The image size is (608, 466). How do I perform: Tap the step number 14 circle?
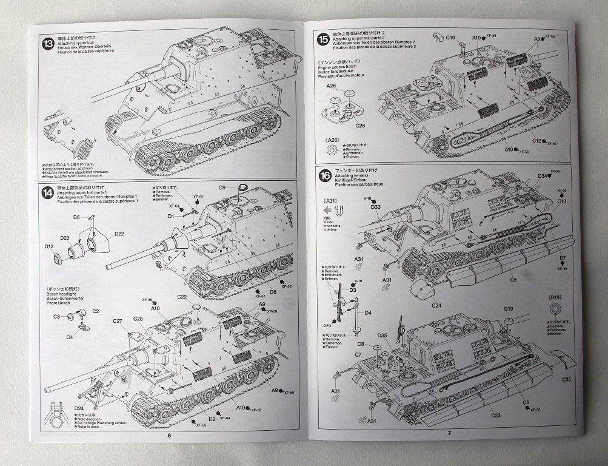point(47,194)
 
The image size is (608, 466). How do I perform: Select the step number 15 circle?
point(322,39)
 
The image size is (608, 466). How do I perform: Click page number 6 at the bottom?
point(169,434)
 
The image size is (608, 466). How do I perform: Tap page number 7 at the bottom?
point(449,432)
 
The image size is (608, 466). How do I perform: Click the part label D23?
point(65,238)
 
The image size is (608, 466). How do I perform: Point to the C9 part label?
point(222,187)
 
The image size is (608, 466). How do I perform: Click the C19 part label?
point(450,38)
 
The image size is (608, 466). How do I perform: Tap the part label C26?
point(343,126)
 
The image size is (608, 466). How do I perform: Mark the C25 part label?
point(567,379)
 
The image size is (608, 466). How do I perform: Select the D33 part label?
point(376,207)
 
